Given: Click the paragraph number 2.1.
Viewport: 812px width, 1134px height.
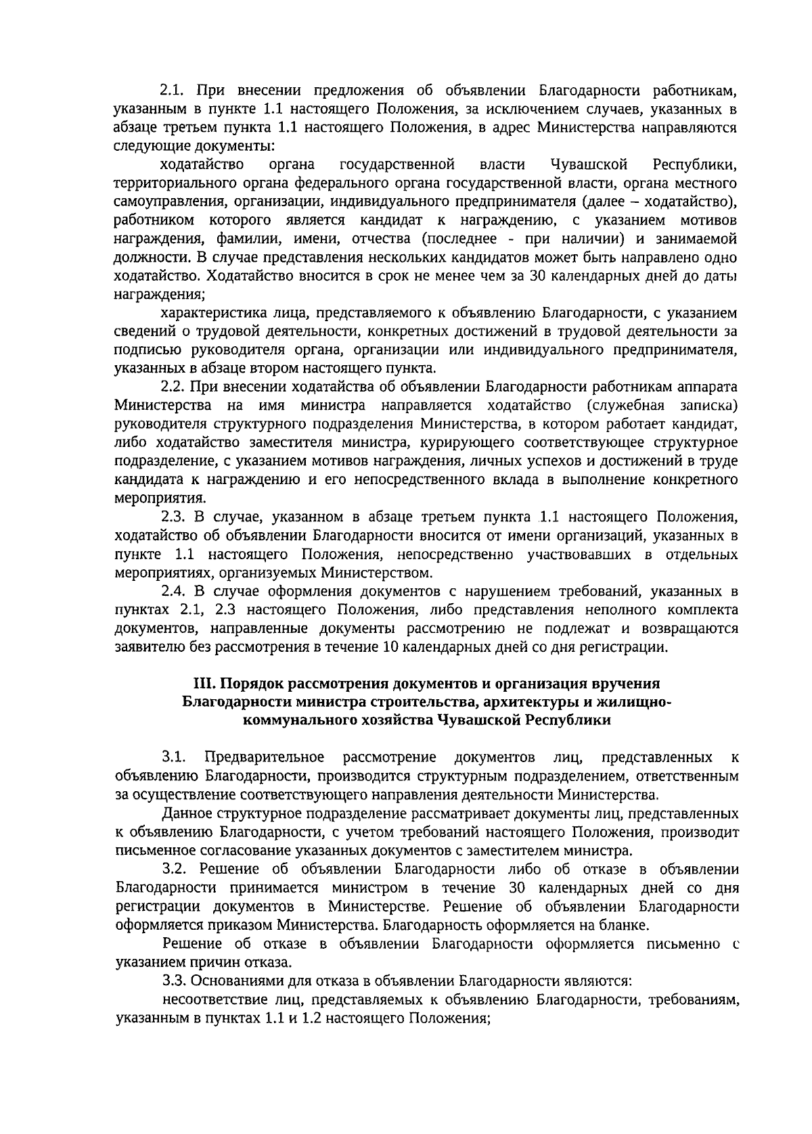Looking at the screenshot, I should point(173,91).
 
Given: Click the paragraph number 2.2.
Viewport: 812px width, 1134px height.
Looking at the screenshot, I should point(174,387).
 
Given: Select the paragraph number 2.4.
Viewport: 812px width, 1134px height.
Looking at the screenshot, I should point(174,591).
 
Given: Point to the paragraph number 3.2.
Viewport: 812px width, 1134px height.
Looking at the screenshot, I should point(174,869).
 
